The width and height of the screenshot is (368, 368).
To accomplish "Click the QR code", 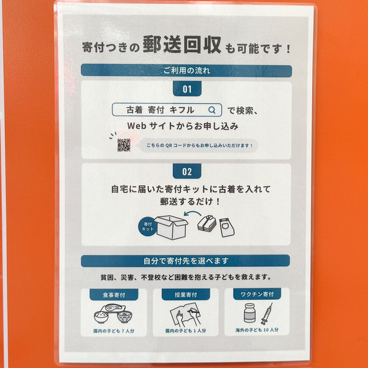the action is point(124,145).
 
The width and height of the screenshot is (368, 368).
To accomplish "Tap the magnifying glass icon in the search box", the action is point(212,110).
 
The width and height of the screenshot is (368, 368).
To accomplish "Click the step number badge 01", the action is point(187,89).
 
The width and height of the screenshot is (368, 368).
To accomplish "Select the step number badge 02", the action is point(187,171).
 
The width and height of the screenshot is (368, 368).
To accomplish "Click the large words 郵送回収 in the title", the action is point(182,45).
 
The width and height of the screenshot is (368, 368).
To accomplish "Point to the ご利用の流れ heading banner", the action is point(186,71).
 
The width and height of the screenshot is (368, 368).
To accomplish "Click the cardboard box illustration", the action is point(171,227).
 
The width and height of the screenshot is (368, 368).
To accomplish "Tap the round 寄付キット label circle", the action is point(147,226).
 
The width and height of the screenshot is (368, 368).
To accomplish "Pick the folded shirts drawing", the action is point(207,223).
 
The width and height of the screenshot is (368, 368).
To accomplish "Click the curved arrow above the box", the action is point(193,213).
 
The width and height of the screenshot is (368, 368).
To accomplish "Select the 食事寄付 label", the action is point(114,294).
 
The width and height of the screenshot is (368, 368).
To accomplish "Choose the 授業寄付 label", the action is point(186,294).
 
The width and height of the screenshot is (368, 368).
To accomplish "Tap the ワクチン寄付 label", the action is point(257,294).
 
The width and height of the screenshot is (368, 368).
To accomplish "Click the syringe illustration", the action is point(267,314).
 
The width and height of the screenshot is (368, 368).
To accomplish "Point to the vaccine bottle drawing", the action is point(250,313).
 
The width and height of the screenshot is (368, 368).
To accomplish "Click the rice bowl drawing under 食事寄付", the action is point(101,316).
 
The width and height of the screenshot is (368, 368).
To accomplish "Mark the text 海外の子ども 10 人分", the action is point(257,330).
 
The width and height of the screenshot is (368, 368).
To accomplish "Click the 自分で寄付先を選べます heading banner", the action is point(185,261).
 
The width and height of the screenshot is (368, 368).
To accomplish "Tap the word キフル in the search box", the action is point(182,110).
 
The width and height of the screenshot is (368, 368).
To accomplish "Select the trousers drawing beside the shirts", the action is point(227,227).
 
